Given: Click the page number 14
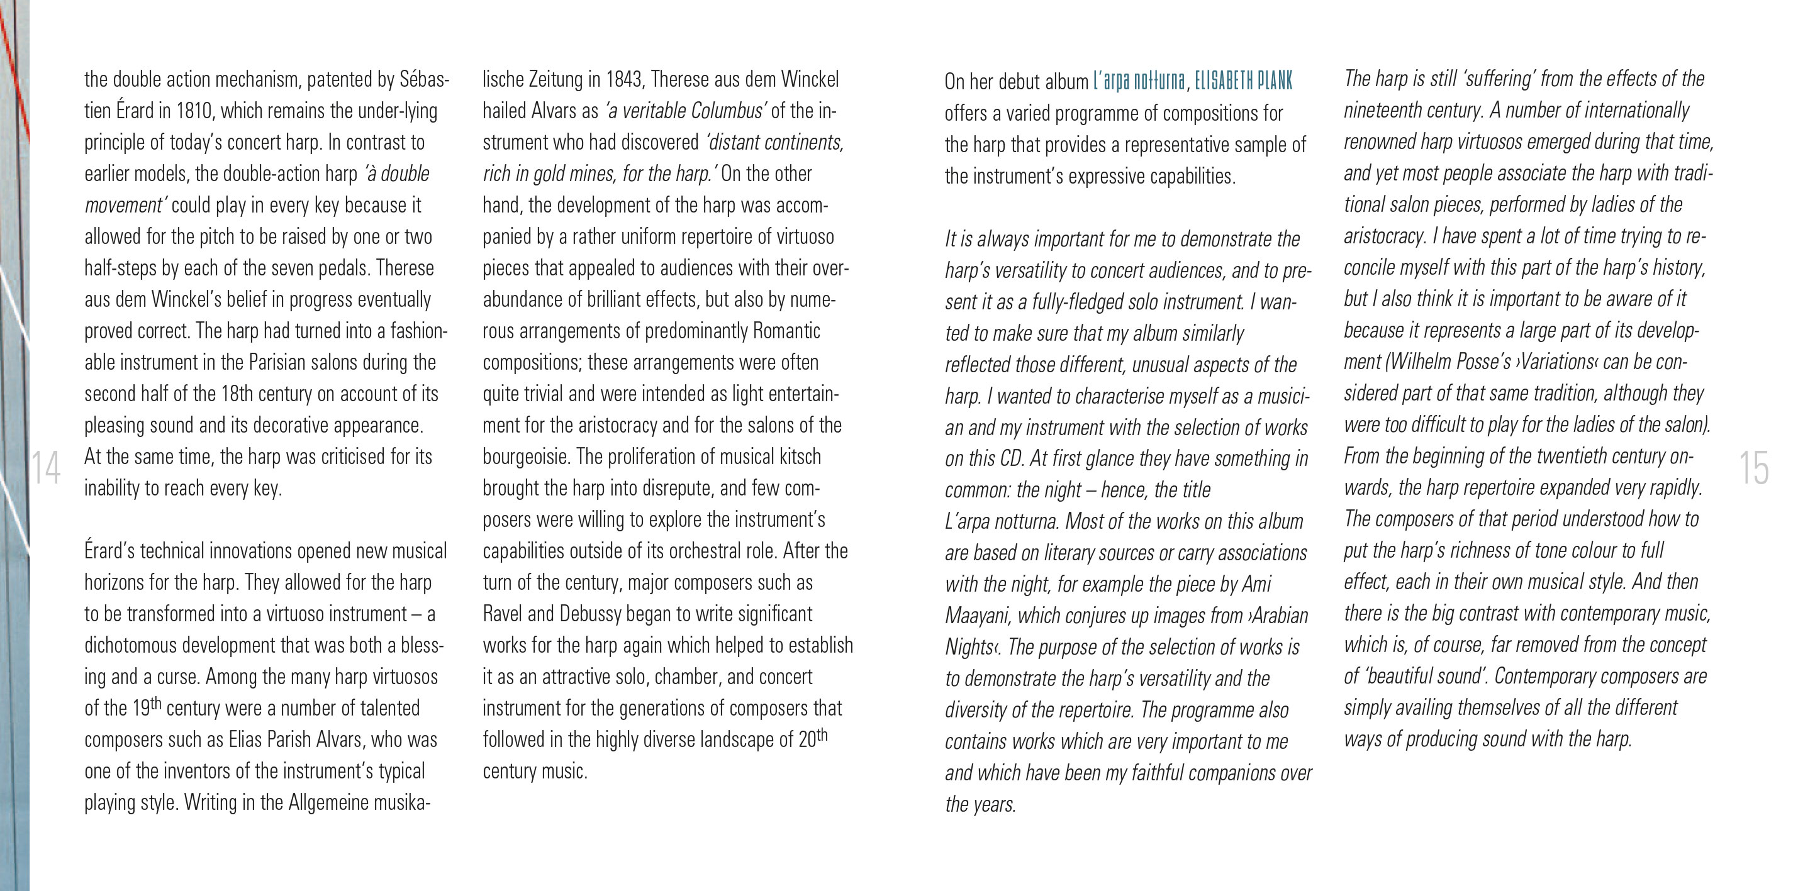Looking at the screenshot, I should [46, 467].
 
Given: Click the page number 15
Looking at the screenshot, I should [1753, 467].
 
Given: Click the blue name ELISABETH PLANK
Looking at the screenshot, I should [1243, 82].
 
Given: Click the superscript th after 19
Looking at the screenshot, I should [155, 702].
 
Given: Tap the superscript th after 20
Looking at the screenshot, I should [822, 734].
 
